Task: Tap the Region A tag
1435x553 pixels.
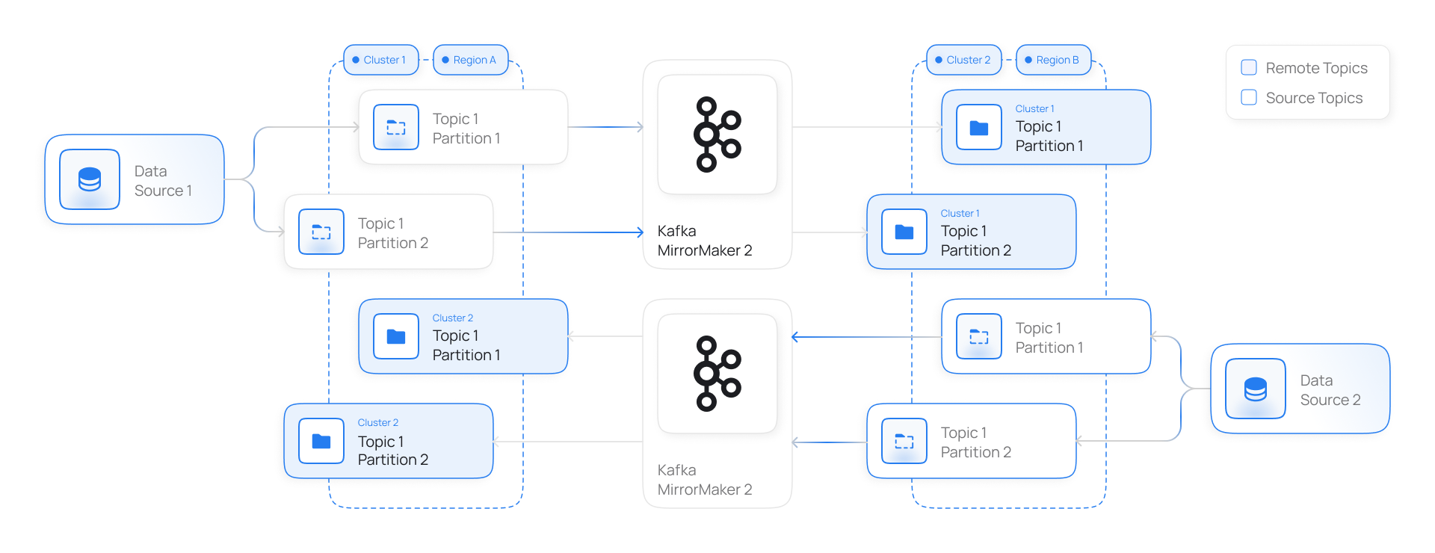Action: [x=471, y=60]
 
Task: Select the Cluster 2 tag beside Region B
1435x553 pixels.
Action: [x=964, y=60]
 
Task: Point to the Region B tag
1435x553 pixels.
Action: [x=1054, y=60]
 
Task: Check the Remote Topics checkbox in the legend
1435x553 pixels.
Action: [x=1249, y=67]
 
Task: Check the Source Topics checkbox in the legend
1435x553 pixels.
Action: [x=1249, y=97]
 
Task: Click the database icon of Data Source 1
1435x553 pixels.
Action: [x=90, y=179]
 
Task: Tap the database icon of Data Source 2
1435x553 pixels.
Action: [x=1256, y=389]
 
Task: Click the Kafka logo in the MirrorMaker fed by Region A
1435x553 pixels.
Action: [x=717, y=135]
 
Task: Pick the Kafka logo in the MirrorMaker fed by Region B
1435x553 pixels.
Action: [x=717, y=374]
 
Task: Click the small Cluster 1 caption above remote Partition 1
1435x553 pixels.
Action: [x=1034, y=108]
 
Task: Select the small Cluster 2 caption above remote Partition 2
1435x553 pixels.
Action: [x=378, y=422]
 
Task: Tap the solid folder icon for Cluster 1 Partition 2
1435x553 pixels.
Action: [x=904, y=232]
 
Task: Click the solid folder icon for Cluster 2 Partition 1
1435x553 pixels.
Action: [x=396, y=336]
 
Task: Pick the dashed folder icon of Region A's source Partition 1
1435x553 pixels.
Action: [x=396, y=127]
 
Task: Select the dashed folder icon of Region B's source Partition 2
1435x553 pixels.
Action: [x=904, y=441]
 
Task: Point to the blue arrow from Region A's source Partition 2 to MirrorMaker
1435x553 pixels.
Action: [x=569, y=232]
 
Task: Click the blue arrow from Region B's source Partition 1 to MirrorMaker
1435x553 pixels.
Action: [x=866, y=337]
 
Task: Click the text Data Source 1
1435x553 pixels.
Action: [x=163, y=181]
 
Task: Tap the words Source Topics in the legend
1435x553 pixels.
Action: [x=1314, y=98]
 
